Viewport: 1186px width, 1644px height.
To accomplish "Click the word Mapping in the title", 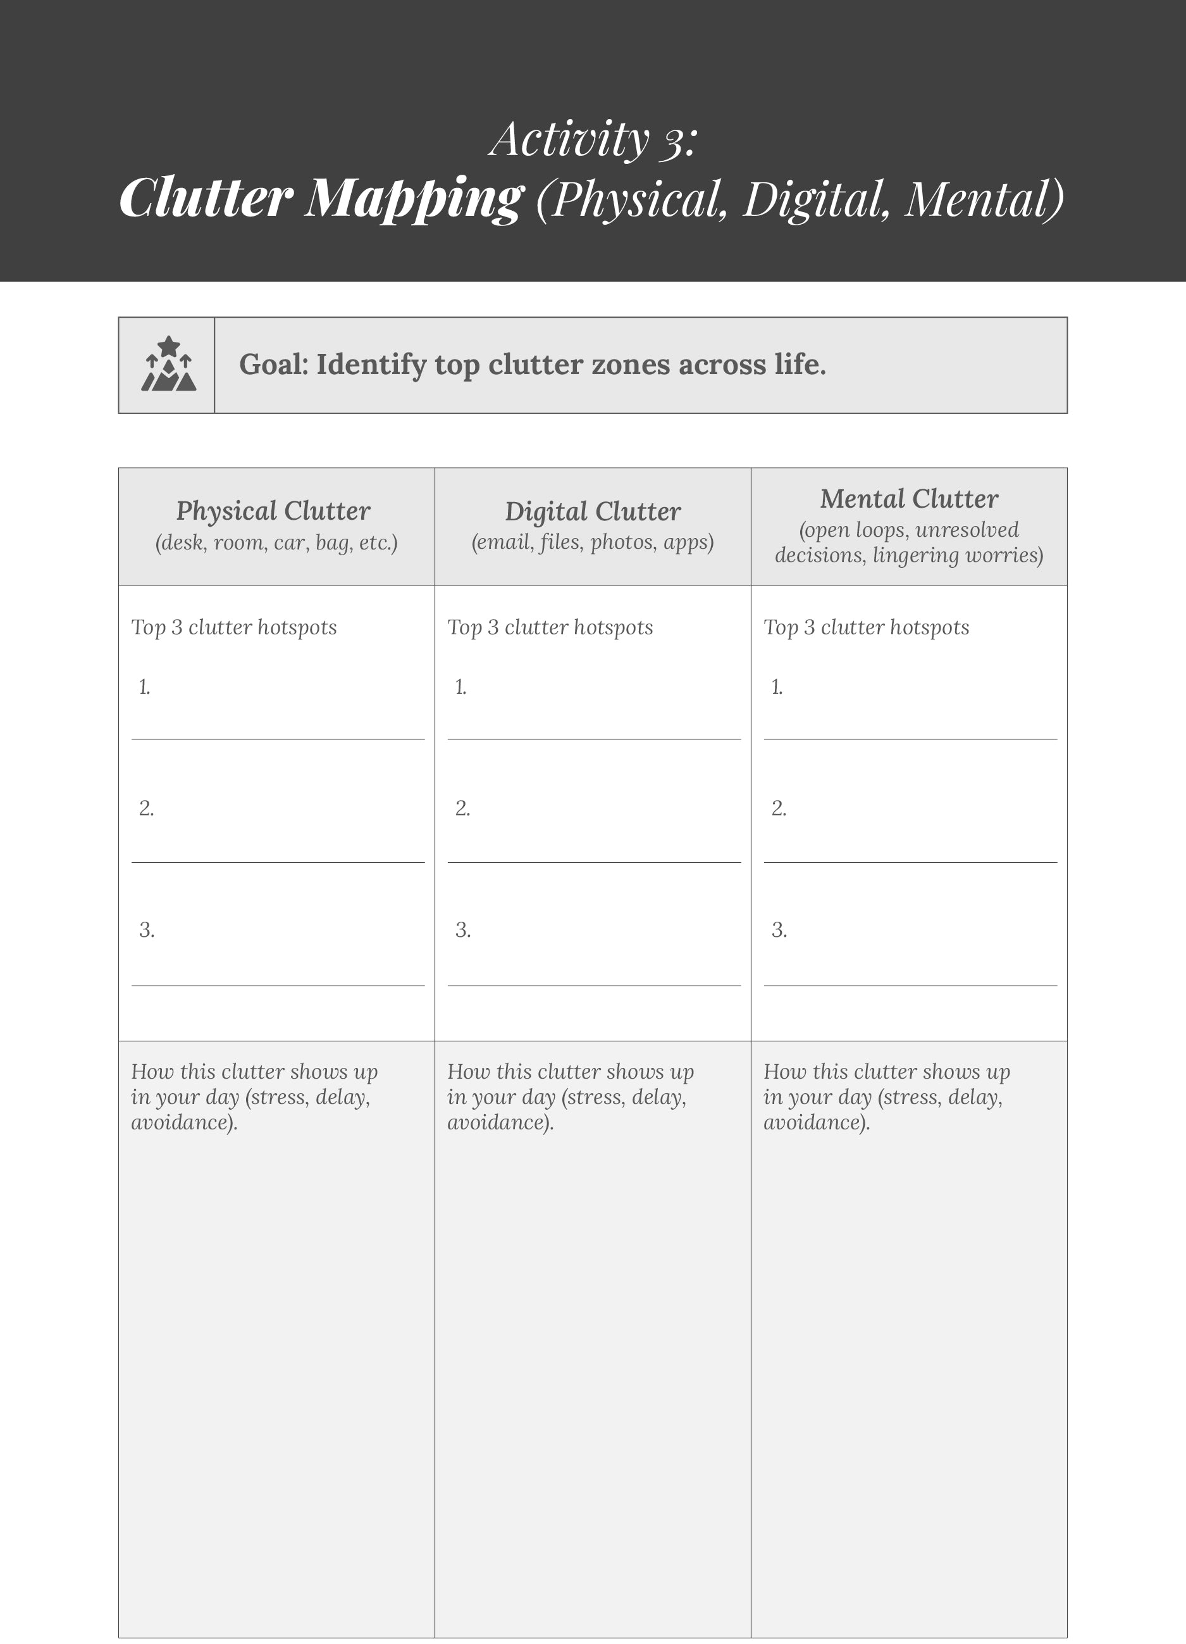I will (x=413, y=198).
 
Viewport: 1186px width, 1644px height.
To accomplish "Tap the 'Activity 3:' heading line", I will (x=593, y=139).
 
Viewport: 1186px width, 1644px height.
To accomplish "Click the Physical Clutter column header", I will (x=273, y=511).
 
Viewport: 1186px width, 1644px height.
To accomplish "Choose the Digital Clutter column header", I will (x=593, y=511).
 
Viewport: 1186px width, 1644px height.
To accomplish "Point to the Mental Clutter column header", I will (x=908, y=499).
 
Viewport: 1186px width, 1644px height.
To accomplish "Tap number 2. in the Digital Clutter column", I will (x=462, y=808).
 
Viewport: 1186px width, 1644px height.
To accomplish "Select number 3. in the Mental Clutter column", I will (x=779, y=930).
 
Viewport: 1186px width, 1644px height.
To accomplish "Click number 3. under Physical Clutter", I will (x=146, y=930).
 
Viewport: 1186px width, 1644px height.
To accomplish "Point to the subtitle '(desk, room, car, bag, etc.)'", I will (x=276, y=543).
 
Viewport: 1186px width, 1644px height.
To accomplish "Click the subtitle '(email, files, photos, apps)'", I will (x=593, y=543).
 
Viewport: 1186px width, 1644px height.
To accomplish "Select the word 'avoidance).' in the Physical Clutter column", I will (x=184, y=1123).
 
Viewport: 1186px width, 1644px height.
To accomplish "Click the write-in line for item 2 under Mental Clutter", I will (x=910, y=861).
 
